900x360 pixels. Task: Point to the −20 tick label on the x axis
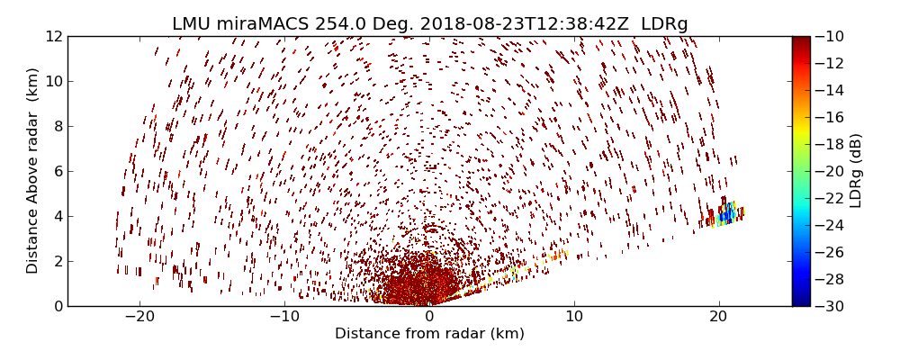139,318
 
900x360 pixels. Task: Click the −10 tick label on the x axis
284,318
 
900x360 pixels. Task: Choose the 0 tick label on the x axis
429,318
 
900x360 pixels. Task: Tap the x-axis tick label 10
574,318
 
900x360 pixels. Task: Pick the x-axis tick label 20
718,318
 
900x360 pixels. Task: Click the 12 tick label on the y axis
53,36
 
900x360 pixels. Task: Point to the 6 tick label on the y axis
57,171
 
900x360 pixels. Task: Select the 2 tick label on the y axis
57,261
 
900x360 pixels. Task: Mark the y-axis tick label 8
57,126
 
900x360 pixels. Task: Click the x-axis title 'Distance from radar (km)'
429,334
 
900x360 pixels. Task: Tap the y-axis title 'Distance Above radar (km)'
33,170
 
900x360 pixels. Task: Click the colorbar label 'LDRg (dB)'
855,170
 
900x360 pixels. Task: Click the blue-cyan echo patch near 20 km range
725,214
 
